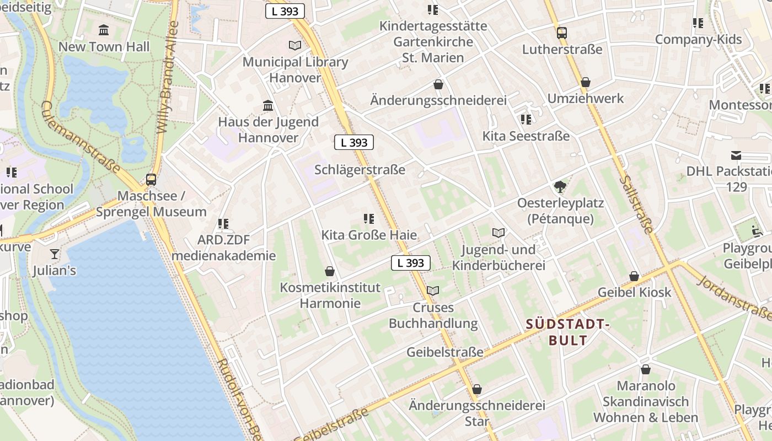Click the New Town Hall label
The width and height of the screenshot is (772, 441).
(104, 47)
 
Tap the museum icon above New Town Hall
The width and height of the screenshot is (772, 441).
(104, 30)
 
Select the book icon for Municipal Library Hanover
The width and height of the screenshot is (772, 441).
(295, 45)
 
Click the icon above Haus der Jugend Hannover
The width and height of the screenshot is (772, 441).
(268, 105)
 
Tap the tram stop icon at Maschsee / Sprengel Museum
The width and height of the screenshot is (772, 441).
(151, 179)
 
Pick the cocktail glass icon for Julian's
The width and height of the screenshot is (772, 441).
(54, 254)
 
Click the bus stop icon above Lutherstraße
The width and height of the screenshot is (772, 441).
(561, 33)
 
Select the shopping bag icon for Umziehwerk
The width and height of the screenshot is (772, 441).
(585, 83)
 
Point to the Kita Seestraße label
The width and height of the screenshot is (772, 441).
(526, 136)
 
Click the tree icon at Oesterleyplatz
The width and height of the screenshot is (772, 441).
(560, 187)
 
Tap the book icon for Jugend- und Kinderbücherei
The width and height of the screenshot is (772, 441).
(498, 233)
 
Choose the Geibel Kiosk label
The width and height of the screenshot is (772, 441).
(635, 292)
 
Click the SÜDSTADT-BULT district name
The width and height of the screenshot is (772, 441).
(568, 332)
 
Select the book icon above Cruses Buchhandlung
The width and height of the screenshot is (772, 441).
(433, 291)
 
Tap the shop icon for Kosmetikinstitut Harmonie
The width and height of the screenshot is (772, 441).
(330, 271)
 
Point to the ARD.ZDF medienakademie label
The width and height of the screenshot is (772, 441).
(223, 248)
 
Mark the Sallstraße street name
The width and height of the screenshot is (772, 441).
(636, 204)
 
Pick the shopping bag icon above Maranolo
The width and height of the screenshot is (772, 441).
(645, 369)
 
